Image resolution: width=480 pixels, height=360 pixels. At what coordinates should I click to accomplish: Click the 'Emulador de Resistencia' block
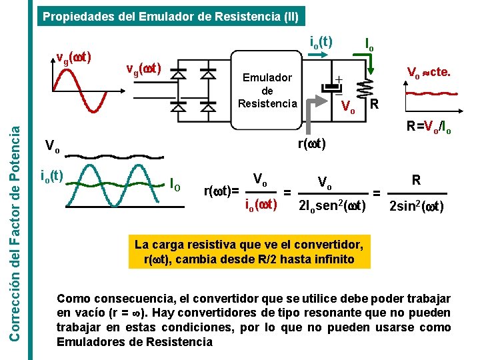tap(267, 90)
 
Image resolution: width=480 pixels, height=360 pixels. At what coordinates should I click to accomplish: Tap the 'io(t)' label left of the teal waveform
tap(52, 175)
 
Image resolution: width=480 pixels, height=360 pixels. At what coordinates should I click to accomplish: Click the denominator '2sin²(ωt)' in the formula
tap(416, 207)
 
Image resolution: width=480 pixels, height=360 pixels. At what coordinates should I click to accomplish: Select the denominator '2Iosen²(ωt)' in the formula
tap(333, 207)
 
